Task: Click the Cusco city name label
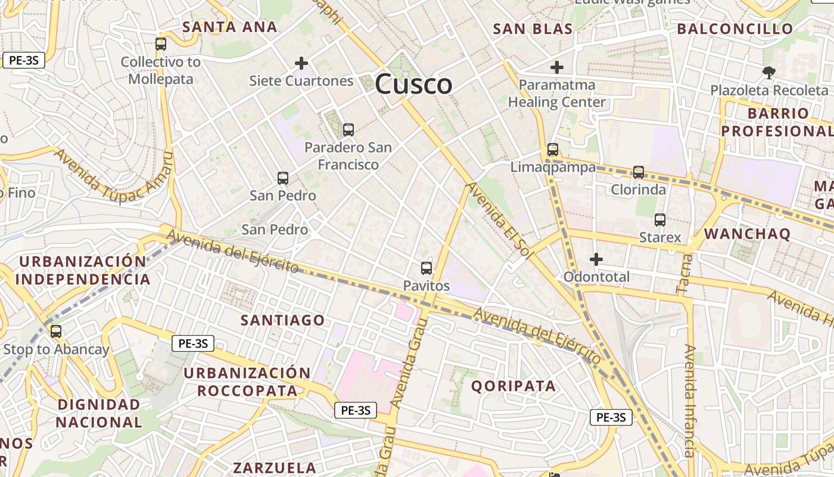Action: pyautogui.click(x=413, y=84)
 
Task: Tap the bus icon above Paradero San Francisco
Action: pyautogui.click(x=348, y=129)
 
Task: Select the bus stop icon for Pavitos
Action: pyautogui.click(x=427, y=268)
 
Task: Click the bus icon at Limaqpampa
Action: pyautogui.click(x=553, y=149)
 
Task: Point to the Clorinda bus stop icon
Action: pyautogui.click(x=639, y=172)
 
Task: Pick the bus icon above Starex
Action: pyautogui.click(x=660, y=220)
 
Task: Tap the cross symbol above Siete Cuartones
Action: pyautogui.click(x=301, y=63)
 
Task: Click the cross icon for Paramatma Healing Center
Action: pyautogui.click(x=557, y=67)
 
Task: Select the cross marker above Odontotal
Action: pyautogui.click(x=596, y=259)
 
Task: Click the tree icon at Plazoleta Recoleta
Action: pyautogui.click(x=769, y=73)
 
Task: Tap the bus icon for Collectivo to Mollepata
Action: pyautogui.click(x=161, y=44)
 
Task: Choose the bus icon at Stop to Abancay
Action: pyautogui.click(x=56, y=332)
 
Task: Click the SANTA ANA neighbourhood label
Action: pyautogui.click(x=230, y=27)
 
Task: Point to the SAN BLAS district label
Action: pyautogui.click(x=533, y=29)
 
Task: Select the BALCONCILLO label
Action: pyautogui.click(x=735, y=29)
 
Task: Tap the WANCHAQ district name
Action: pyautogui.click(x=747, y=234)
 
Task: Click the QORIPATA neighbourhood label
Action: pyautogui.click(x=514, y=386)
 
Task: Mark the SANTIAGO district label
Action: pyautogui.click(x=283, y=320)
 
